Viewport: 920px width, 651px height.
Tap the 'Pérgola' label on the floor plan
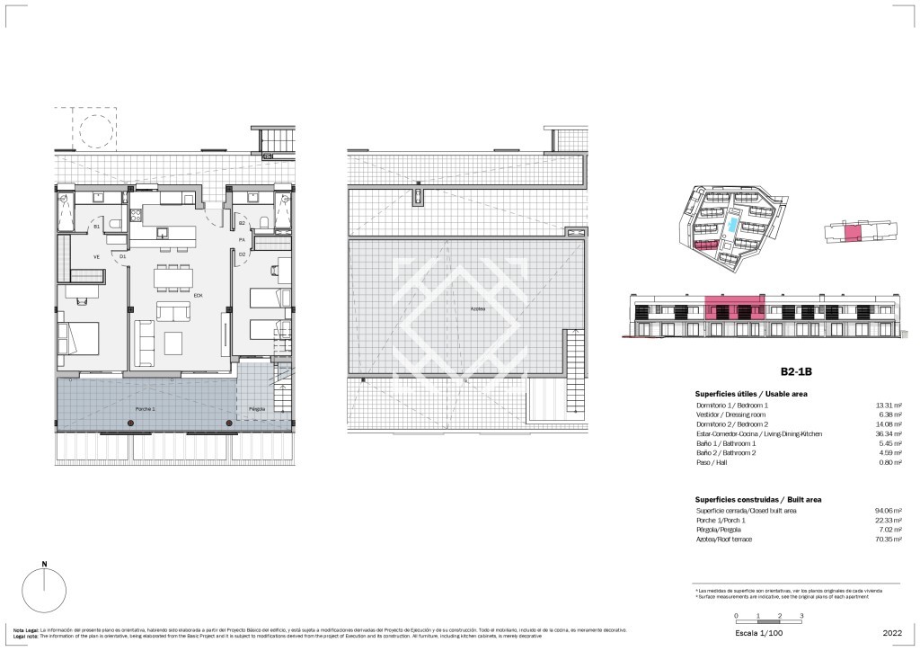(x=257, y=408)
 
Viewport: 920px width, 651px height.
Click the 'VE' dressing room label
(x=96, y=256)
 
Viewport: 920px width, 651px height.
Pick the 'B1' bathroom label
(x=97, y=227)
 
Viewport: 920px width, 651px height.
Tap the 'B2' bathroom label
(x=242, y=223)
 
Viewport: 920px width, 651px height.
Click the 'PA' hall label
(x=242, y=240)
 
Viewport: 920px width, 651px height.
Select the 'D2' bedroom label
(x=242, y=255)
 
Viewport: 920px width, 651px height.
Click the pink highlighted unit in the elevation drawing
(x=734, y=310)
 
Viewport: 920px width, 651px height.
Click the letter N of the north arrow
(x=44, y=566)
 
